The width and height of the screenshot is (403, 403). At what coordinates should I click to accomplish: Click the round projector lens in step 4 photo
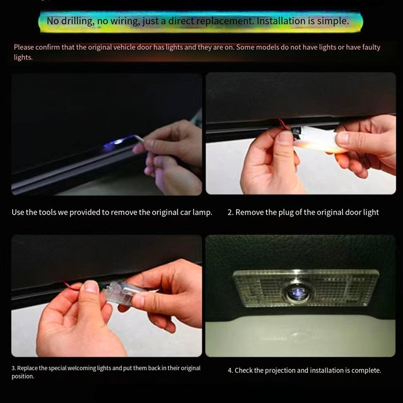click(296, 291)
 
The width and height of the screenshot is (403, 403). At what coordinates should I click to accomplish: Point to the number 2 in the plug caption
click(230, 213)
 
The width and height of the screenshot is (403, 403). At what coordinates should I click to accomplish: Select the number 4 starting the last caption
click(230, 371)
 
